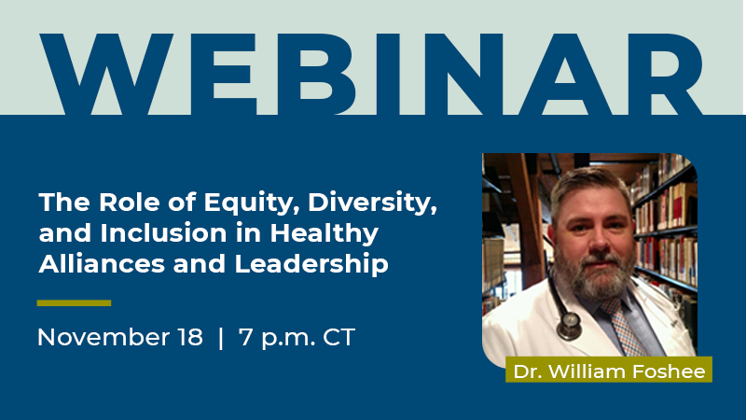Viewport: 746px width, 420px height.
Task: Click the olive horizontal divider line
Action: (x=74, y=302)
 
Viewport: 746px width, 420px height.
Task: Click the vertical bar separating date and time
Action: (x=221, y=337)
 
